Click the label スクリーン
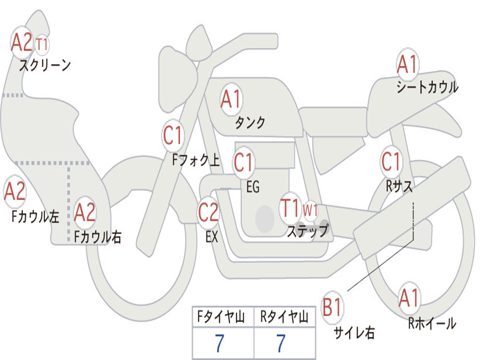coord(45,65)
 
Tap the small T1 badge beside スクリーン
coord(42,45)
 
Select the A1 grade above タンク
coord(231,99)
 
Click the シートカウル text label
coord(427,87)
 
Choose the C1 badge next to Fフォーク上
coord(173,135)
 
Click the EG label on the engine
coord(253,187)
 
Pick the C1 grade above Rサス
coord(391,162)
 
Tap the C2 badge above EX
coord(208,212)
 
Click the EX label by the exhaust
coord(212,237)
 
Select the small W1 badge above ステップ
coord(310,210)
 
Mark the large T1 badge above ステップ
coord(290,208)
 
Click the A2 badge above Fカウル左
coord(15,191)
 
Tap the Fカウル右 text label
coord(97,237)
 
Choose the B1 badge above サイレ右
coord(332,307)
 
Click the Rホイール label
coord(432,323)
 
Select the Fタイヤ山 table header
coord(221,317)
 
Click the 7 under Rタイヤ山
coord(281,343)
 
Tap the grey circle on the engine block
coord(265,219)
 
